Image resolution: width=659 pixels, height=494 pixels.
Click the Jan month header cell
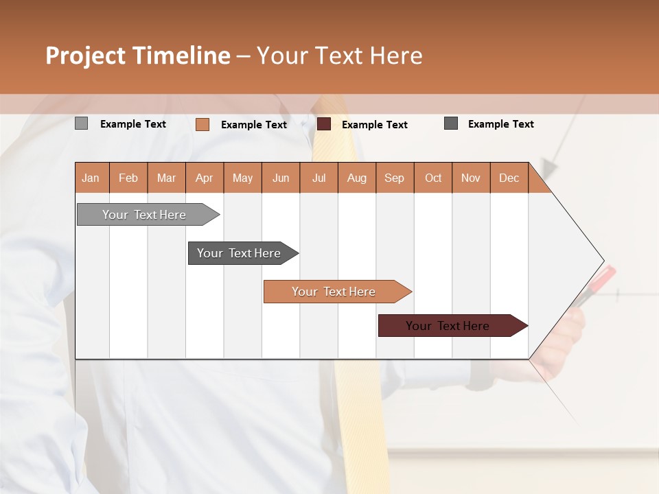(91, 178)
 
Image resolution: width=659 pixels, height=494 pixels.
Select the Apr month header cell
(205, 178)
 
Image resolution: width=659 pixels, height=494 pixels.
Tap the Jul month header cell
(319, 178)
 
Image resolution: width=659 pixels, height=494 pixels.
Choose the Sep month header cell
(395, 178)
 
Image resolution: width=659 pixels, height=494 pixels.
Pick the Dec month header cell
(509, 178)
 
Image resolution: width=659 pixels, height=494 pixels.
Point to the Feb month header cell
(128, 178)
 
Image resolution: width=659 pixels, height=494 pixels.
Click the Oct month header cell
(433, 178)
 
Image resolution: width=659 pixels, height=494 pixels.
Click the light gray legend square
(81, 123)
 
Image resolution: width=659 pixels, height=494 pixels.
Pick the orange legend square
(202, 124)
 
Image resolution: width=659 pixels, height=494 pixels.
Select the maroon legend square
(324, 124)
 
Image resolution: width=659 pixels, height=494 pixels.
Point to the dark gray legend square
(451, 123)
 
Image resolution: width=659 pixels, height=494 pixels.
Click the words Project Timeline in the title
(138, 56)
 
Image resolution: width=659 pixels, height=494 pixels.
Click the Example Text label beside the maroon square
(374, 125)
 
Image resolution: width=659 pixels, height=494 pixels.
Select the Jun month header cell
(281, 178)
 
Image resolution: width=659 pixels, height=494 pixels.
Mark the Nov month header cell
(471, 178)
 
